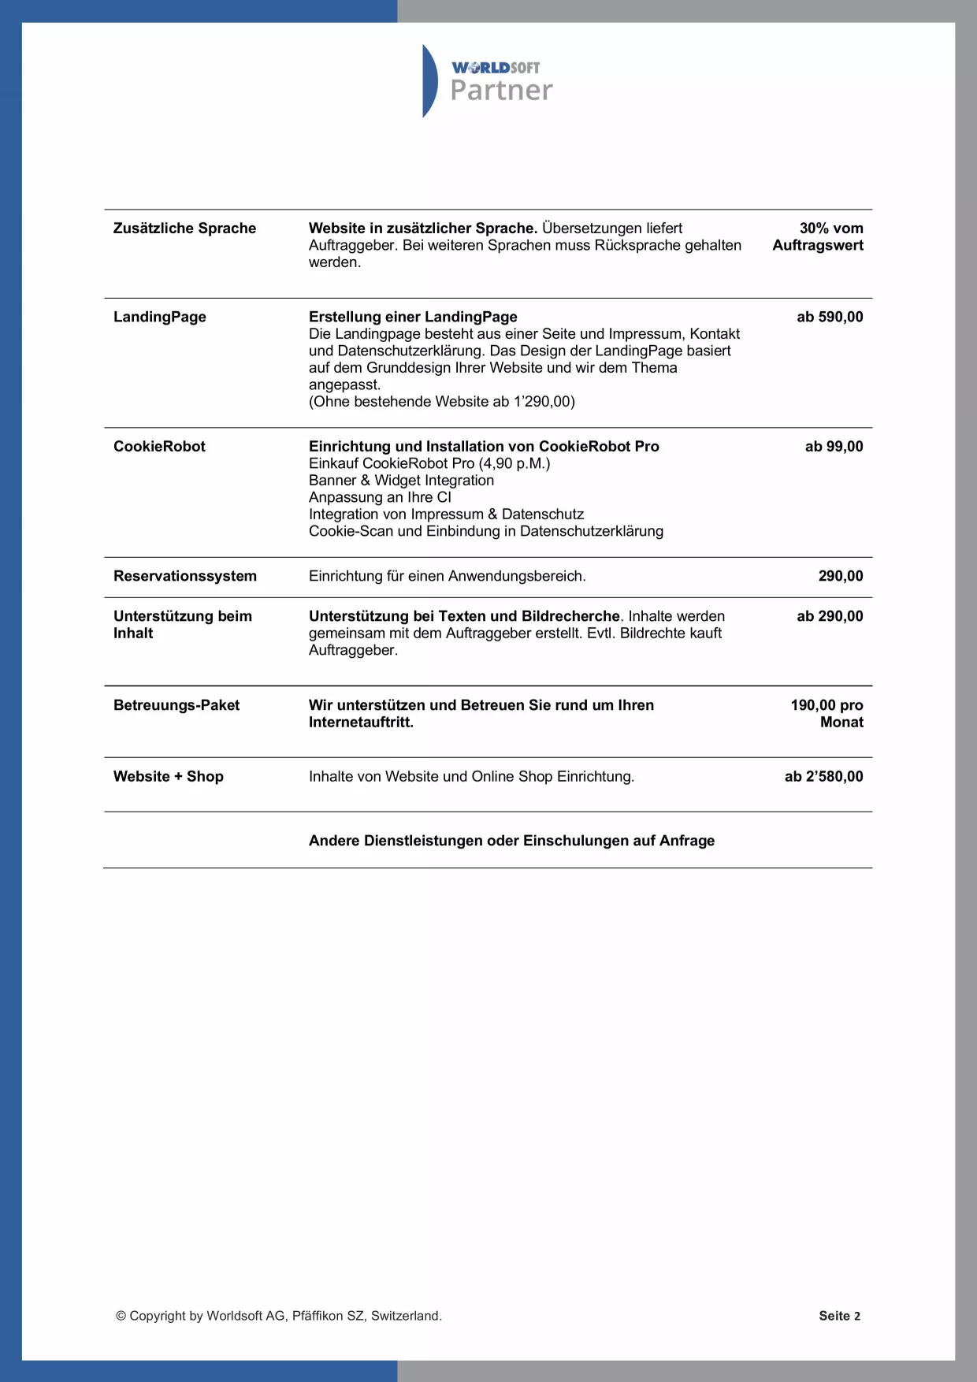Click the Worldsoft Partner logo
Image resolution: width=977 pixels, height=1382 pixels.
[488, 81]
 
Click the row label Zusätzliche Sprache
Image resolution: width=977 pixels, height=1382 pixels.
[184, 228]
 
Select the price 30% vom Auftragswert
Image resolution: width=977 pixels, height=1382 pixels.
[819, 236]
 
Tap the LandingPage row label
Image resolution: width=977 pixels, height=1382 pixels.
[160, 317]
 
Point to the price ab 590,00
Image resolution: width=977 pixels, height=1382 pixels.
[830, 317]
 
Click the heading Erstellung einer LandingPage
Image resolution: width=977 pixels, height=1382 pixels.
[413, 317]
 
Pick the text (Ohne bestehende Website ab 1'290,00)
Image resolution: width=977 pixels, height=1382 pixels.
[441, 402]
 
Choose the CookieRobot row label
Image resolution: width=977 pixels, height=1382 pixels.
[159, 447]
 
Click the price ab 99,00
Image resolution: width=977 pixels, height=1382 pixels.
[834, 447]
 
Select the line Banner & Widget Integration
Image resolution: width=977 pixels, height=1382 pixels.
[401, 481]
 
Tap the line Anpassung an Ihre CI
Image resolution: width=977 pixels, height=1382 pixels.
[380, 497]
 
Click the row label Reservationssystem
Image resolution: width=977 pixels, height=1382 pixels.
[185, 576]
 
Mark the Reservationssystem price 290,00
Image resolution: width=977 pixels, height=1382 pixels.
[841, 576]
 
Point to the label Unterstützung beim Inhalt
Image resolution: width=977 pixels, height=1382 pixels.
[182, 625]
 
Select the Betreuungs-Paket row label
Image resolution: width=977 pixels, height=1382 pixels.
[176, 705]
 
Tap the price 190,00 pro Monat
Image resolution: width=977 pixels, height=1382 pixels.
[827, 713]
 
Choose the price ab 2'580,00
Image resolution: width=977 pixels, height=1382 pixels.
[823, 777]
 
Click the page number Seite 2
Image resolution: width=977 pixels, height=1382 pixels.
[839, 1316]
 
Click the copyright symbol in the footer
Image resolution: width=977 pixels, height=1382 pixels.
[121, 1316]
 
